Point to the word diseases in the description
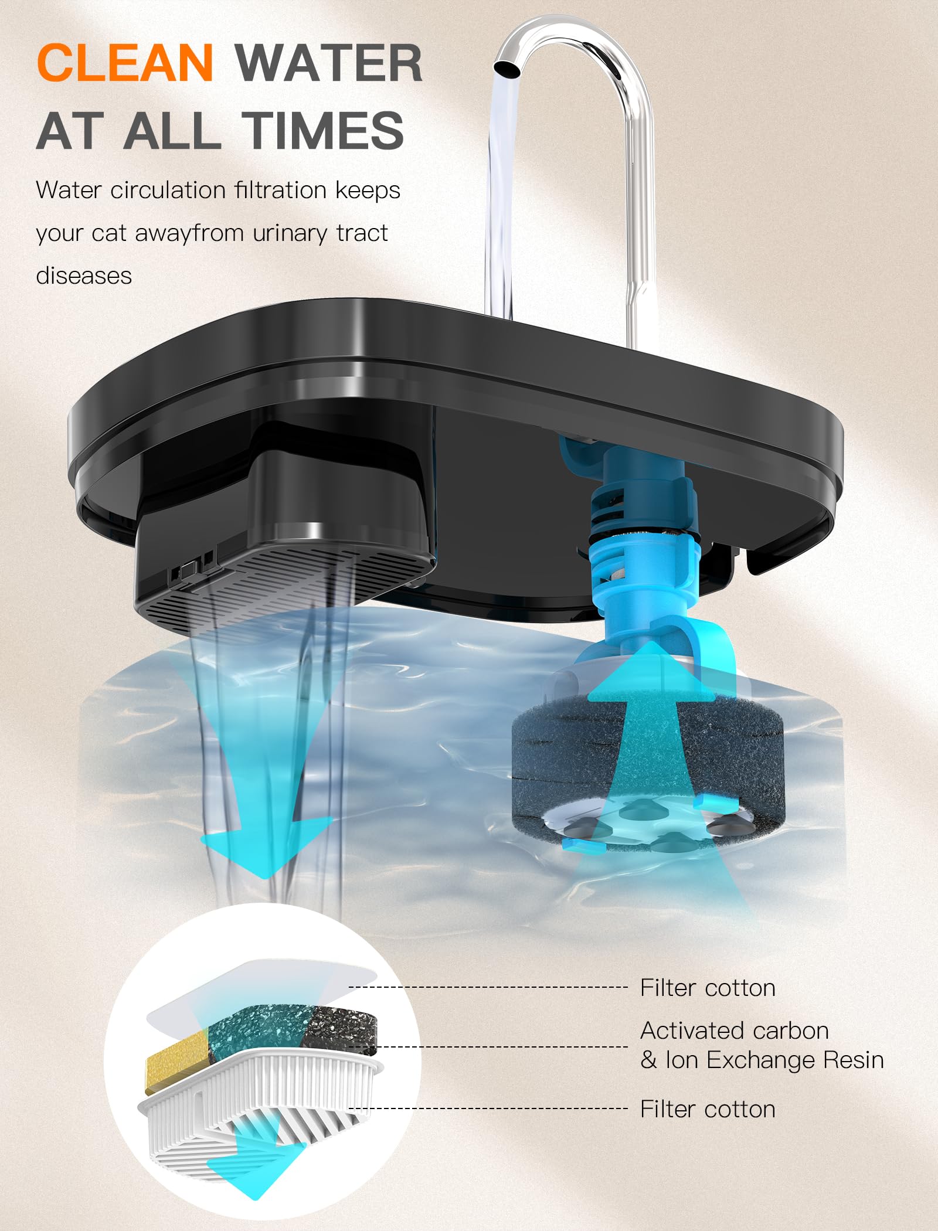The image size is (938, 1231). point(84,276)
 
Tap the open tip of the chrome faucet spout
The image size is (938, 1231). point(507,68)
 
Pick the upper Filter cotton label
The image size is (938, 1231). point(708,988)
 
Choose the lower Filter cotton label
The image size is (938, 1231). point(708,1109)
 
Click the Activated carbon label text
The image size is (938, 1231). point(735,1031)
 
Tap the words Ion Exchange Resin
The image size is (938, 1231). point(774,1060)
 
